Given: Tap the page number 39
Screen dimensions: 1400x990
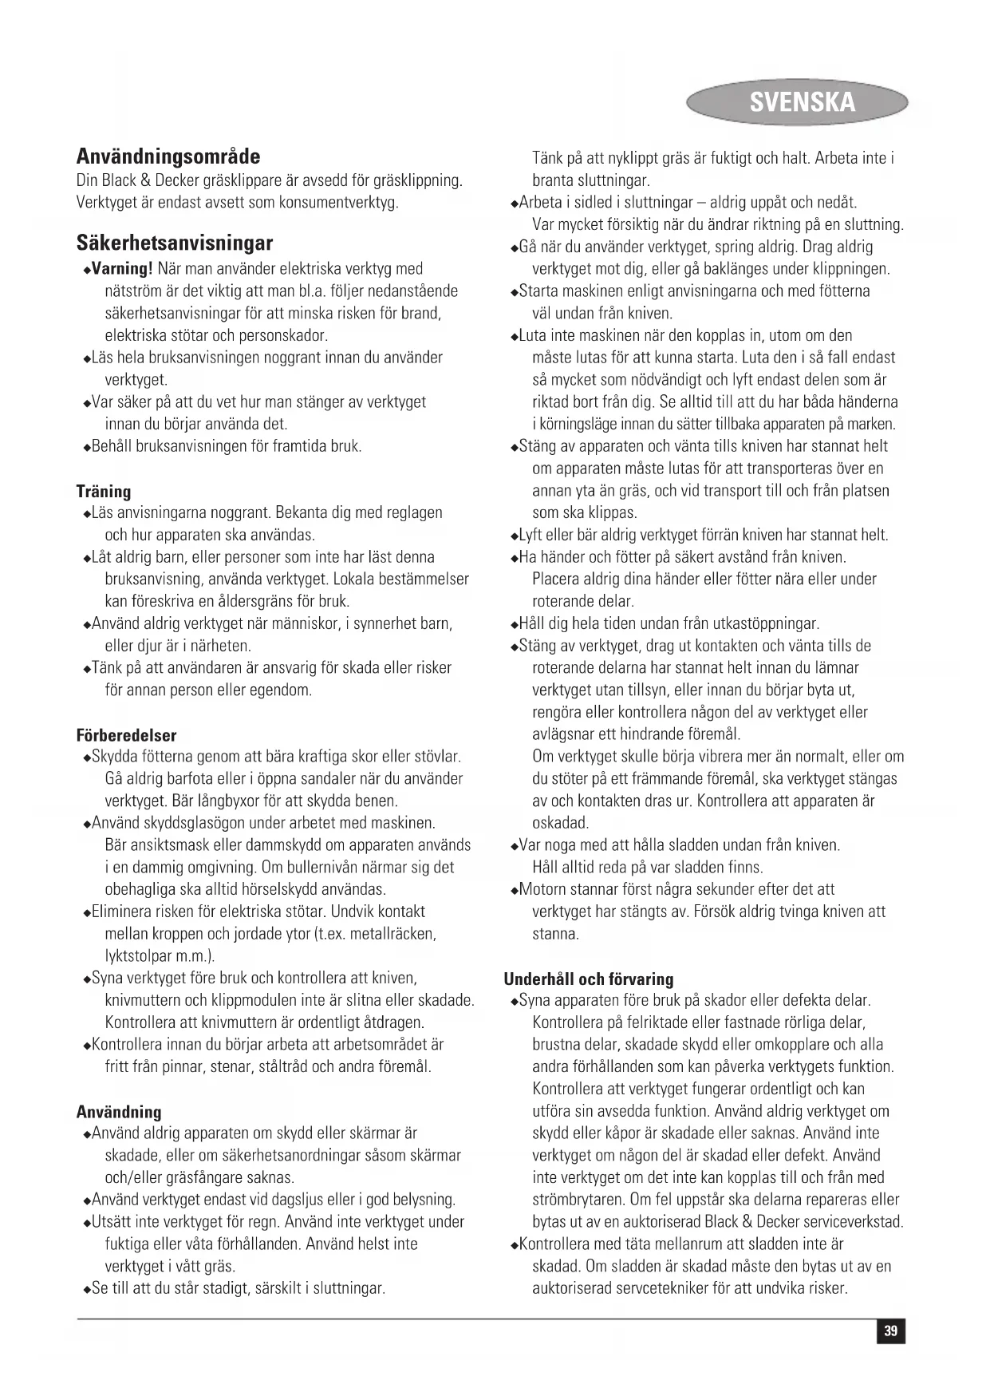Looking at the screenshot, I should (x=891, y=1331).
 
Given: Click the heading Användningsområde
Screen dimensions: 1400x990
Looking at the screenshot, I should (x=168, y=156).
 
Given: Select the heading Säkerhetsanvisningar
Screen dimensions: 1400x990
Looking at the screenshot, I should (x=175, y=243).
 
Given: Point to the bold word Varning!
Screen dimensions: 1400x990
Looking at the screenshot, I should (x=123, y=269).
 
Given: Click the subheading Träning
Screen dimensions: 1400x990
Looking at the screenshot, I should (x=104, y=491).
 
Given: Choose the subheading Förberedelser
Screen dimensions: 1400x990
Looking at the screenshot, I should (x=127, y=735).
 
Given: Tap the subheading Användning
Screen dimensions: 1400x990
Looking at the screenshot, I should (x=119, y=1112).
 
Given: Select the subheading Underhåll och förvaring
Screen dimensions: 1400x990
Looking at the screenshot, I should (x=589, y=979).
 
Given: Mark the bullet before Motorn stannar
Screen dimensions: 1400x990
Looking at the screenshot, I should (x=515, y=891).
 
